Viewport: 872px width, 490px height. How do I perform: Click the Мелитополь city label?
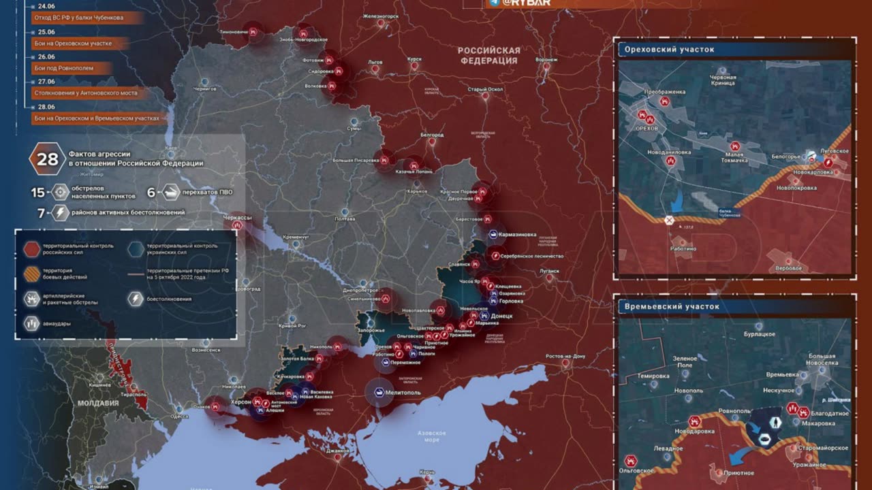pos(403,393)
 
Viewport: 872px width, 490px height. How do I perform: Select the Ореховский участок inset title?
pos(669,49)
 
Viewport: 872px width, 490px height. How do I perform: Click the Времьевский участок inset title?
pos(672,306)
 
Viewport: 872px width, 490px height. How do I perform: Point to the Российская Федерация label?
pos(488,55)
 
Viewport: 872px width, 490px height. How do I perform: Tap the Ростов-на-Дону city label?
pos(565,357)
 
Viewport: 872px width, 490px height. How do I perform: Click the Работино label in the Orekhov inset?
pos(682,249)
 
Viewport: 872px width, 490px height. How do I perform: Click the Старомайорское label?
pos(823,448)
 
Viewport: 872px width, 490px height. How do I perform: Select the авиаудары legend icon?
pos(32,323)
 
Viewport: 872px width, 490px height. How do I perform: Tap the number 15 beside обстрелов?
pos(37,192)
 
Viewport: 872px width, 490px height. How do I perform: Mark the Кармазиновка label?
pos(518,235)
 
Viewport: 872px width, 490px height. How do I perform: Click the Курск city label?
pos(414,59)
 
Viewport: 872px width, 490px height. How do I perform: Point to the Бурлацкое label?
pos(759,334)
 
